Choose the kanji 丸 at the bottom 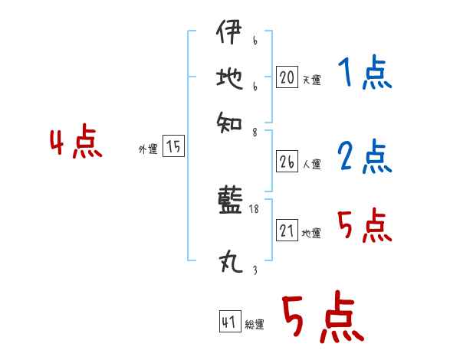click(228, 264)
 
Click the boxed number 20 click(287, 77)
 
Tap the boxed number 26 click(287, 162)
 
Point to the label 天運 click(311, 80)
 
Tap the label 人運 click(311, 164)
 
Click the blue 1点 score click(364, 74)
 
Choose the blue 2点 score click(364, 156)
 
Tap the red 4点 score click(76, 143)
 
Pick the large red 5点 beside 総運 click(322, 317)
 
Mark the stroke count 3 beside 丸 click(254, 270)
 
